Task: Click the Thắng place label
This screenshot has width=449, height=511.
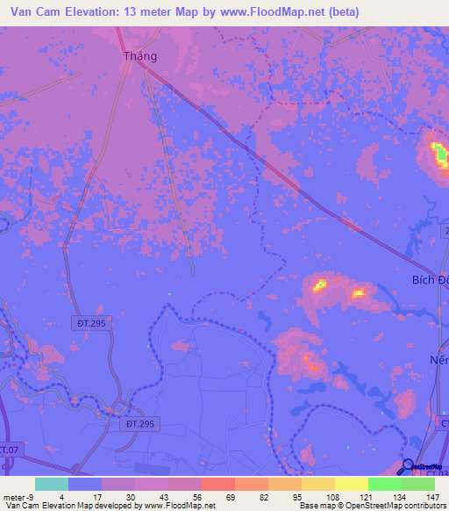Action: pos(139,56)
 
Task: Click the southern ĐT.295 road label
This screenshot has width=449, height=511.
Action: pos(136,423)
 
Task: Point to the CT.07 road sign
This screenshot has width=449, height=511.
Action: pos(8,449)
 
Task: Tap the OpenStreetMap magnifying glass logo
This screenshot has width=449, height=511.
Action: pos(408,467)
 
